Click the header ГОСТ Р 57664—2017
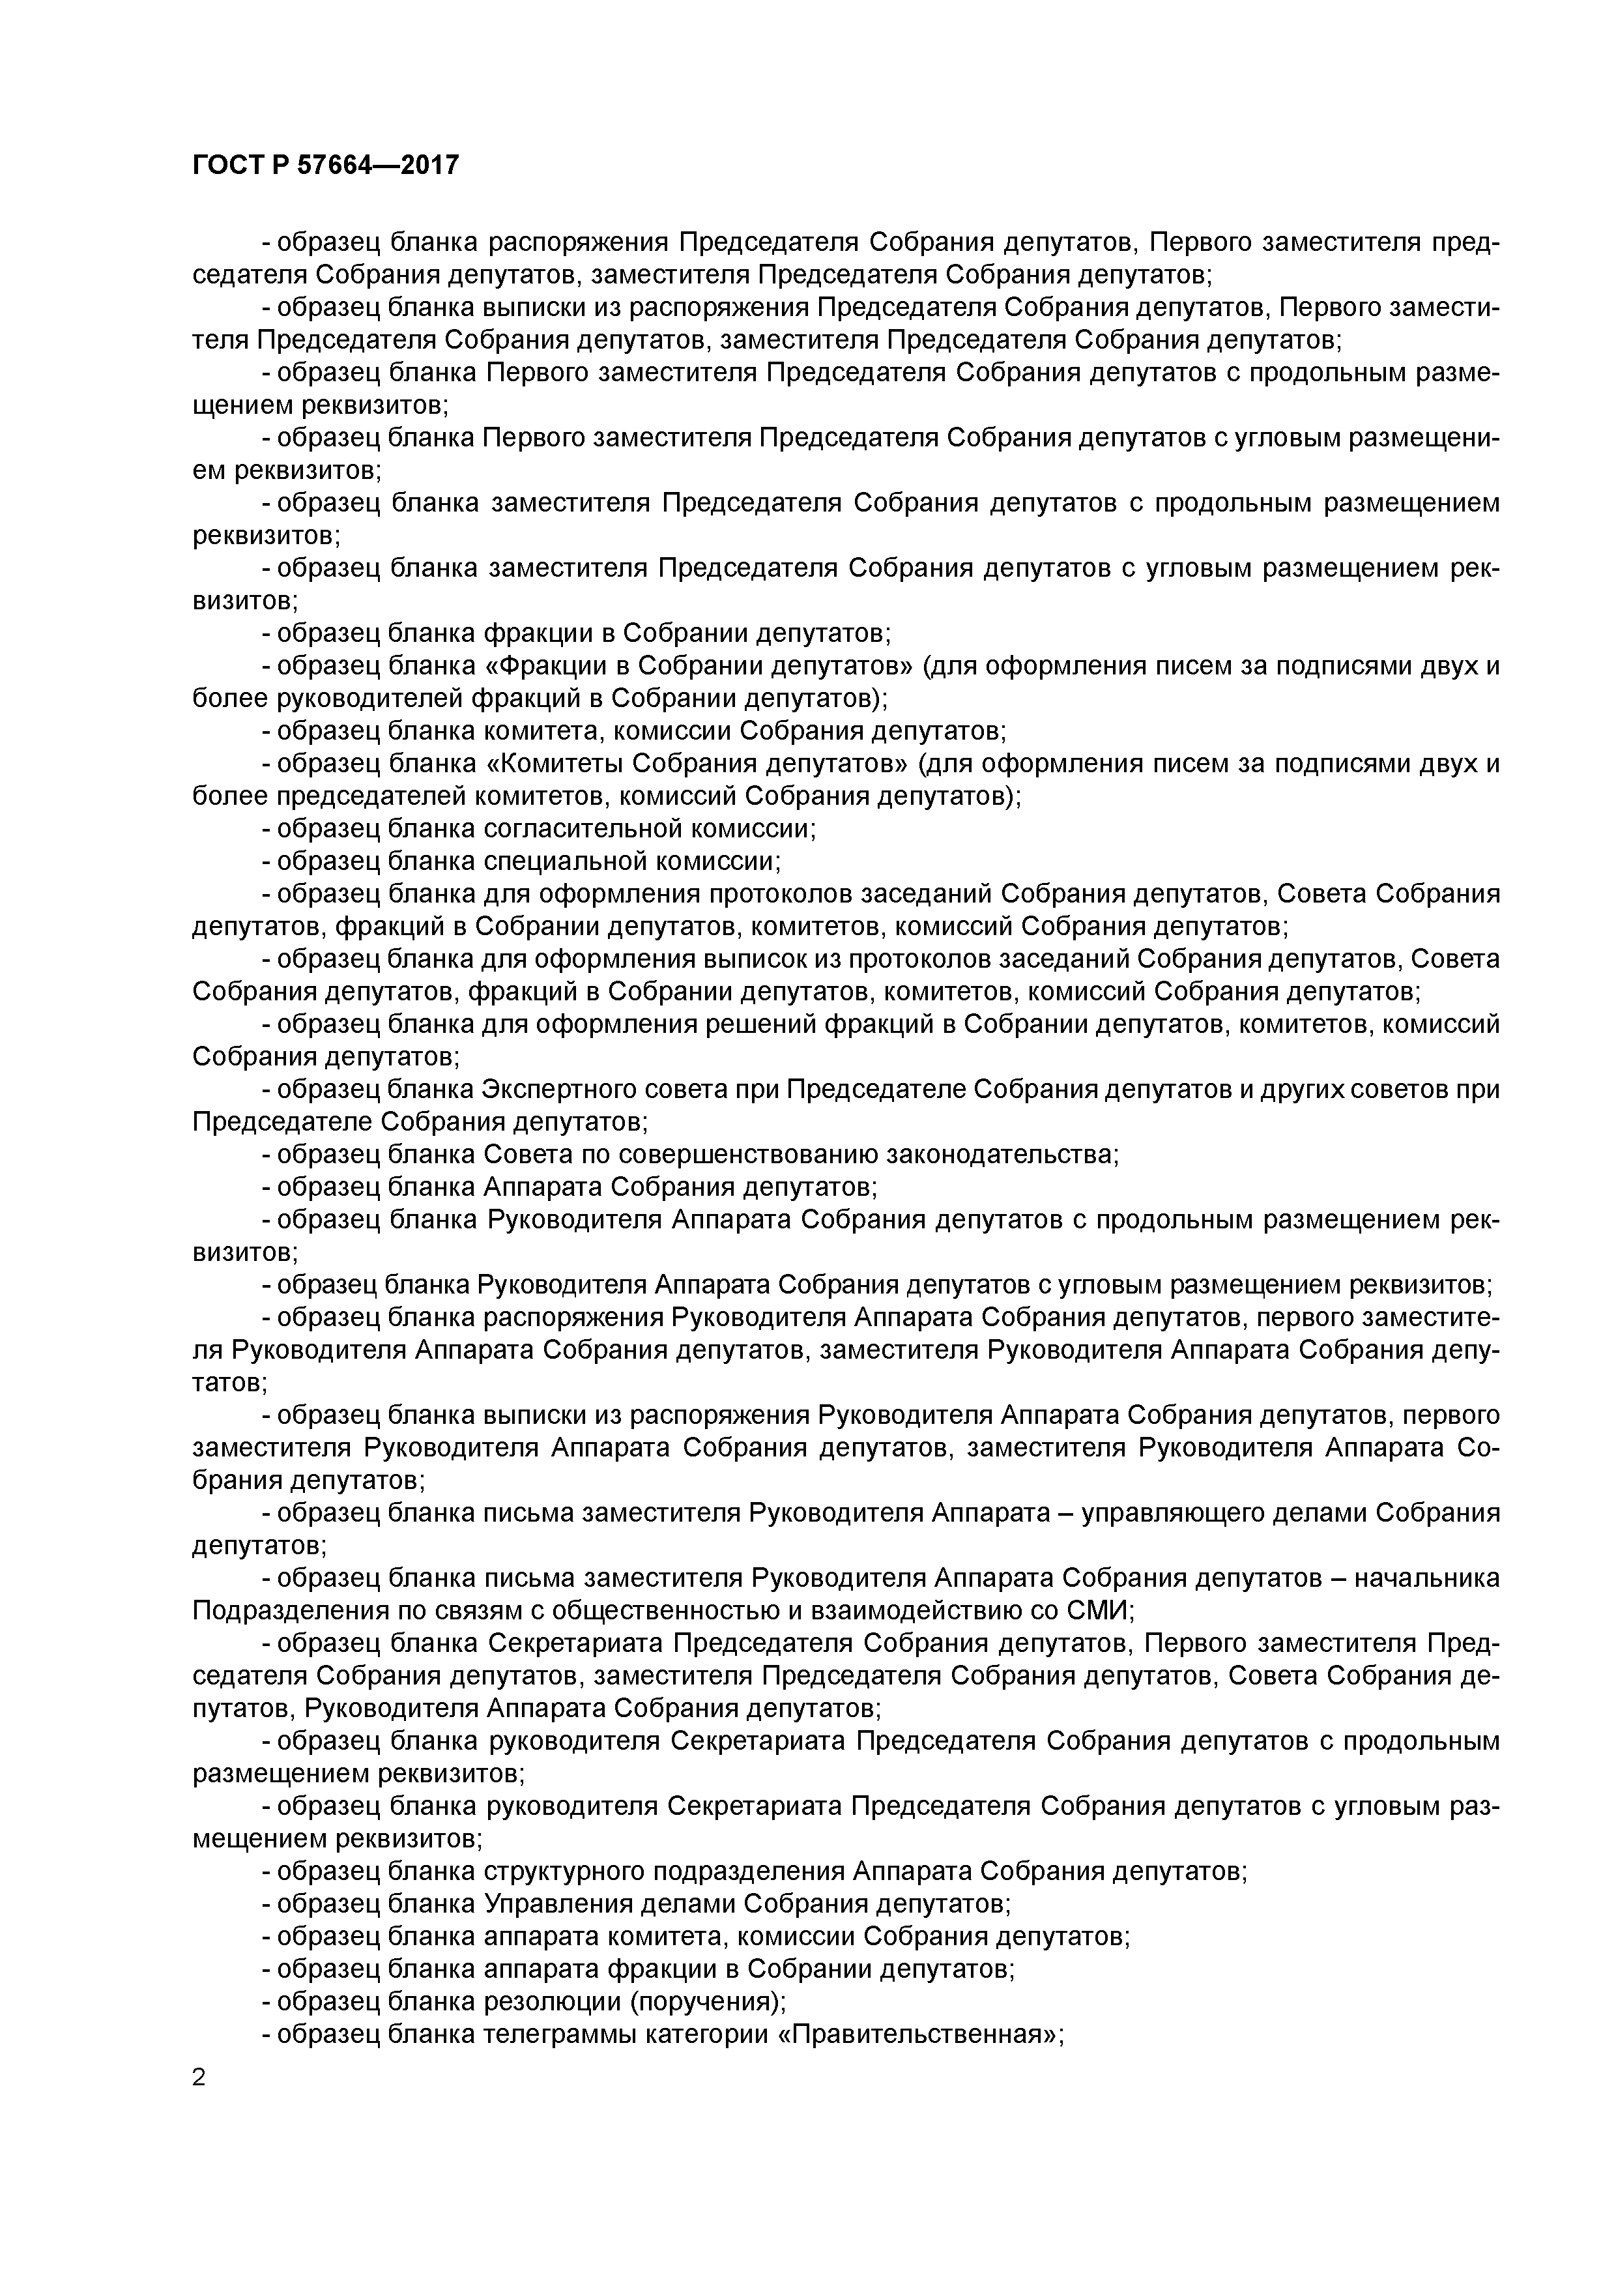326,166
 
